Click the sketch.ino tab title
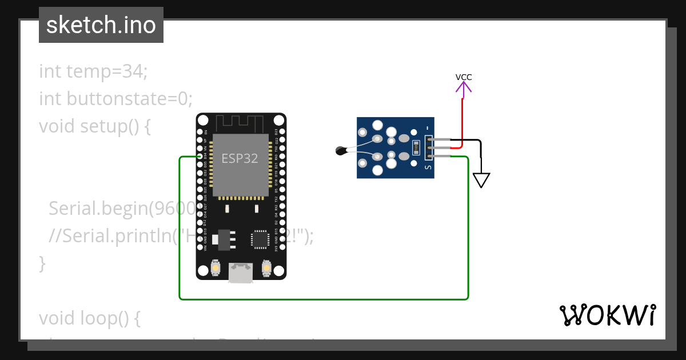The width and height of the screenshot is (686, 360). point(101,25)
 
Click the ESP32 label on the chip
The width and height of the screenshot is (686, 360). point(240,158)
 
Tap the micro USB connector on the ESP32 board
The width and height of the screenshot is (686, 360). point(241,273)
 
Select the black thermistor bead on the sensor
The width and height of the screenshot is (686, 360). point(341,151)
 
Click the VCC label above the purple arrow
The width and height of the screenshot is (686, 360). point(464,77)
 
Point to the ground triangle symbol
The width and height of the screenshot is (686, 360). point(481,180)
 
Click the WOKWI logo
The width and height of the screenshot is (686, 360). point(607,315)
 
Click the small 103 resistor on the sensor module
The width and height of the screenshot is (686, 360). point(416,147)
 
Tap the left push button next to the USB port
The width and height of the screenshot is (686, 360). point(216,267)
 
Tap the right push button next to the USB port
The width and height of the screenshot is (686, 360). point(266,267)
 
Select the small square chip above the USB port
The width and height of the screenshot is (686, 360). point(260,239)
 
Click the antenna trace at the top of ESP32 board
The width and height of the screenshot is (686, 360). point(241,121)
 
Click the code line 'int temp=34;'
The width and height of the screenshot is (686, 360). point(93,71)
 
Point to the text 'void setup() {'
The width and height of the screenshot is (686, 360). point(95,126)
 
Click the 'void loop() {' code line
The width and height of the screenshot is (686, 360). point(90,318)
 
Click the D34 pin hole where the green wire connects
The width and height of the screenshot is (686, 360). point(200,156)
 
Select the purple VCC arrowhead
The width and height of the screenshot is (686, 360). point(464,87)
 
